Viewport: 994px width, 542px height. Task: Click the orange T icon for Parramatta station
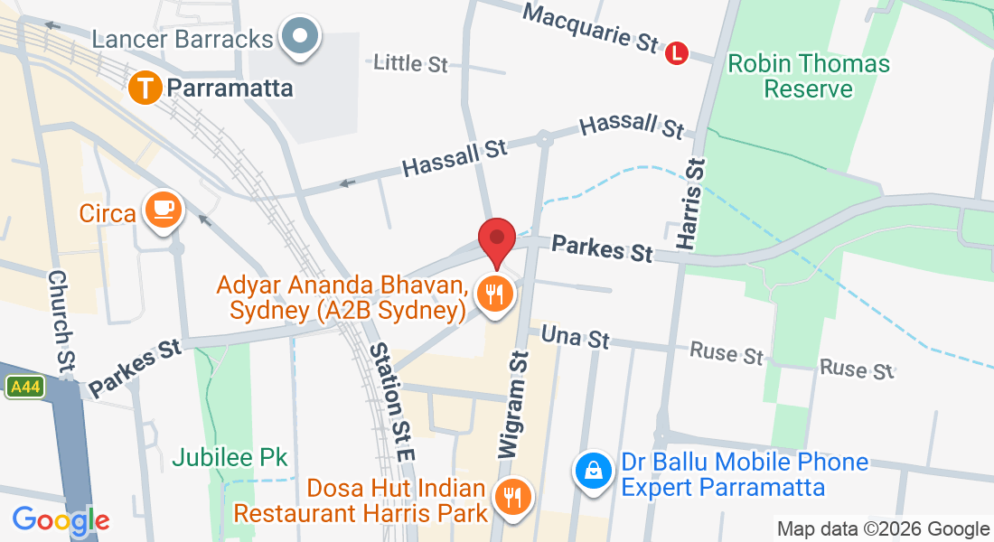[x=145, y=89]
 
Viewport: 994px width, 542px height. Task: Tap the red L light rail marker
[x=677, y=54]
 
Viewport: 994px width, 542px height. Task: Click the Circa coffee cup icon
[x=164, y=210]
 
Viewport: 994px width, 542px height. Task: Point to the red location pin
[x=497, y=241]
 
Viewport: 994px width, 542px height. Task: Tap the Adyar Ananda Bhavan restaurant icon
[x=494, y=294]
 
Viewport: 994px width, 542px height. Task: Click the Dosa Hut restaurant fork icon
[x=513, y=495]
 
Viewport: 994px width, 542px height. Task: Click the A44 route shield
[x=25, y=388]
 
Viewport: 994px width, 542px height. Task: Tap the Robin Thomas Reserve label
[x=809, y=77]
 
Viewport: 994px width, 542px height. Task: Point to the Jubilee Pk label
[x=230, y=458]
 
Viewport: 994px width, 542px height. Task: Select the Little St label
[x=410, y=63]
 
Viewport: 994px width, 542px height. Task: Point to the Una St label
[x=575, y=339]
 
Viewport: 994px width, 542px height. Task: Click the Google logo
[x=61, y=520]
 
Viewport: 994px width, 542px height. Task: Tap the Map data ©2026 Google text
[x=883, y=529]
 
